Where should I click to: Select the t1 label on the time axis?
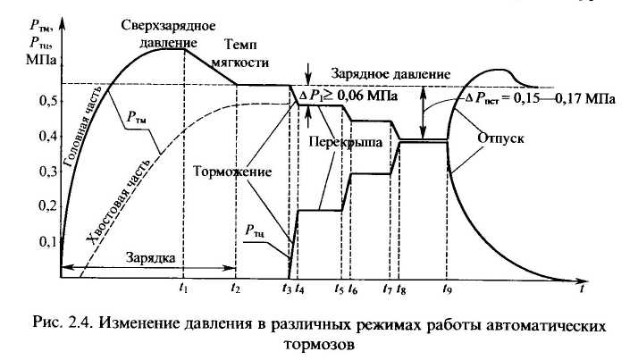coord(184,289)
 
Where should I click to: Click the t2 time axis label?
coord(235,289)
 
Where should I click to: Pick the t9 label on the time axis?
coord(448,289)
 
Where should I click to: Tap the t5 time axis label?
coord(339,289)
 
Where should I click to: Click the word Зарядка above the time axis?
coord(151,257)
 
